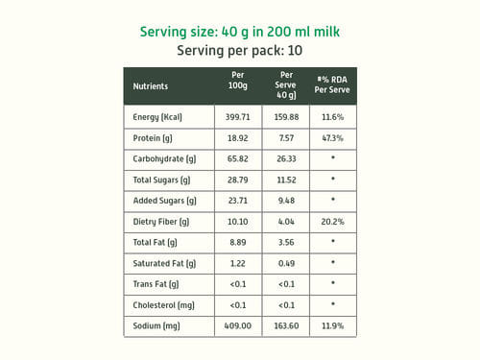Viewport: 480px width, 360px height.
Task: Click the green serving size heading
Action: [240, 32]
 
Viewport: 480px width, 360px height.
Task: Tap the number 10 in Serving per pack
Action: [295, 51]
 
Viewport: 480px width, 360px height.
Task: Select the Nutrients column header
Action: [151, 86]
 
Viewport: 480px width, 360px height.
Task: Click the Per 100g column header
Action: [238, 80]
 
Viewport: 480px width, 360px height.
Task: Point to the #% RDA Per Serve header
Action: [332, 84]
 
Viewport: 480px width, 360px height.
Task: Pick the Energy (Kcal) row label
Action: [157, 117]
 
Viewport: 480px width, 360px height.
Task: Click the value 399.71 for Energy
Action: [237, 117]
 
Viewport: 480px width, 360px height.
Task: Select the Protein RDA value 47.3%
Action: [333, 138]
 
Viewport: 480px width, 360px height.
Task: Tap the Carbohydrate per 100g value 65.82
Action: [238, 159]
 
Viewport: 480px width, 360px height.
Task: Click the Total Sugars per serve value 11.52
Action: [286, 180]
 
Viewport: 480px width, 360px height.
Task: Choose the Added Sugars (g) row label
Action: [165, 201]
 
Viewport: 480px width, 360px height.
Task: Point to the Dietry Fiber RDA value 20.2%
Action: [333, 222]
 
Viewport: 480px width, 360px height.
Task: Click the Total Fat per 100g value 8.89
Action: [238, 242]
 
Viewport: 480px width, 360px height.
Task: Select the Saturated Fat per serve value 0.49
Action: [286, 263]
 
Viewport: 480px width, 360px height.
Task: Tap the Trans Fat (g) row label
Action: [156, 284]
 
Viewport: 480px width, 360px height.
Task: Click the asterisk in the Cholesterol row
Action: [333, 303]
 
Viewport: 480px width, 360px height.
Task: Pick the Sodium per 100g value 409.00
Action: [238, 325]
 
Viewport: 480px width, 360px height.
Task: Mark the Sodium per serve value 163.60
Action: [286, 325]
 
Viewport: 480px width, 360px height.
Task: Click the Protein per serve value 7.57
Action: [286, 138]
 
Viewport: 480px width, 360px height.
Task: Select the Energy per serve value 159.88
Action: [286, 117]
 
